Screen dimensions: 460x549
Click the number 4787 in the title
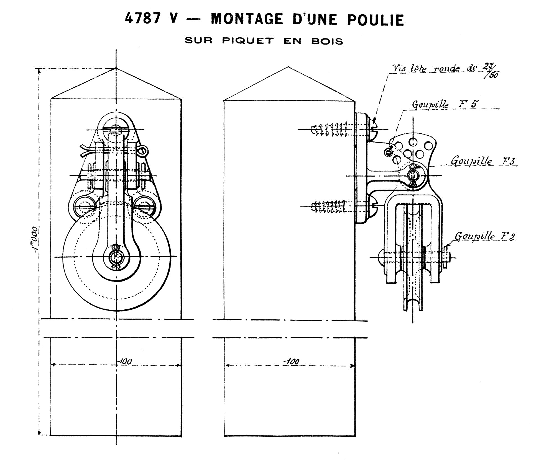point(143,19)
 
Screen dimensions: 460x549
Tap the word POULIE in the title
point(376,20)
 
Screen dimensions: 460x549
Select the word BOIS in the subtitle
point(327,41)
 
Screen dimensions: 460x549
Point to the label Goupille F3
point(484,161)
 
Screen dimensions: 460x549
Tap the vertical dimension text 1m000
point(36,240)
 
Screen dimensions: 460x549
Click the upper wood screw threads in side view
point(330,129)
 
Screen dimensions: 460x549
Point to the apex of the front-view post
point(116,68)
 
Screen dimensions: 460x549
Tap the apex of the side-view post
point(289,67)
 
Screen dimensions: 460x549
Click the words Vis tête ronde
point(425,69)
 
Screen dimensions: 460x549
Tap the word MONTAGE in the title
point(247,19)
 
